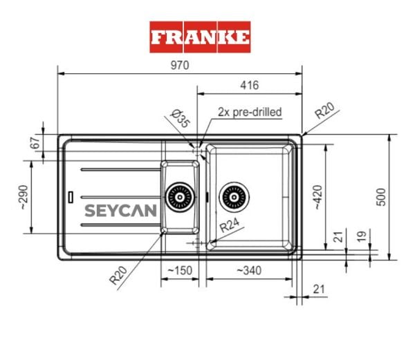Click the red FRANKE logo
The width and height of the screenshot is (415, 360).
[x=200, y=36]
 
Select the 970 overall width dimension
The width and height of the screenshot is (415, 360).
[x=180, y=64]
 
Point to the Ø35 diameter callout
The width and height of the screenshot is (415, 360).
[x=180, y=120]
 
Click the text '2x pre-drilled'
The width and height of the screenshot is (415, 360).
[x=250, y=111]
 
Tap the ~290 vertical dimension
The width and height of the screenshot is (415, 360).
[x=23, y=197]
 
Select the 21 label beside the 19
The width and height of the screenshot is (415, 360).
[x=338, y=236]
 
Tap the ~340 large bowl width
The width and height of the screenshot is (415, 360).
[x=248, y=269]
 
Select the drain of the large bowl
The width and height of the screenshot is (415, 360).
[x=232, y=197]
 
